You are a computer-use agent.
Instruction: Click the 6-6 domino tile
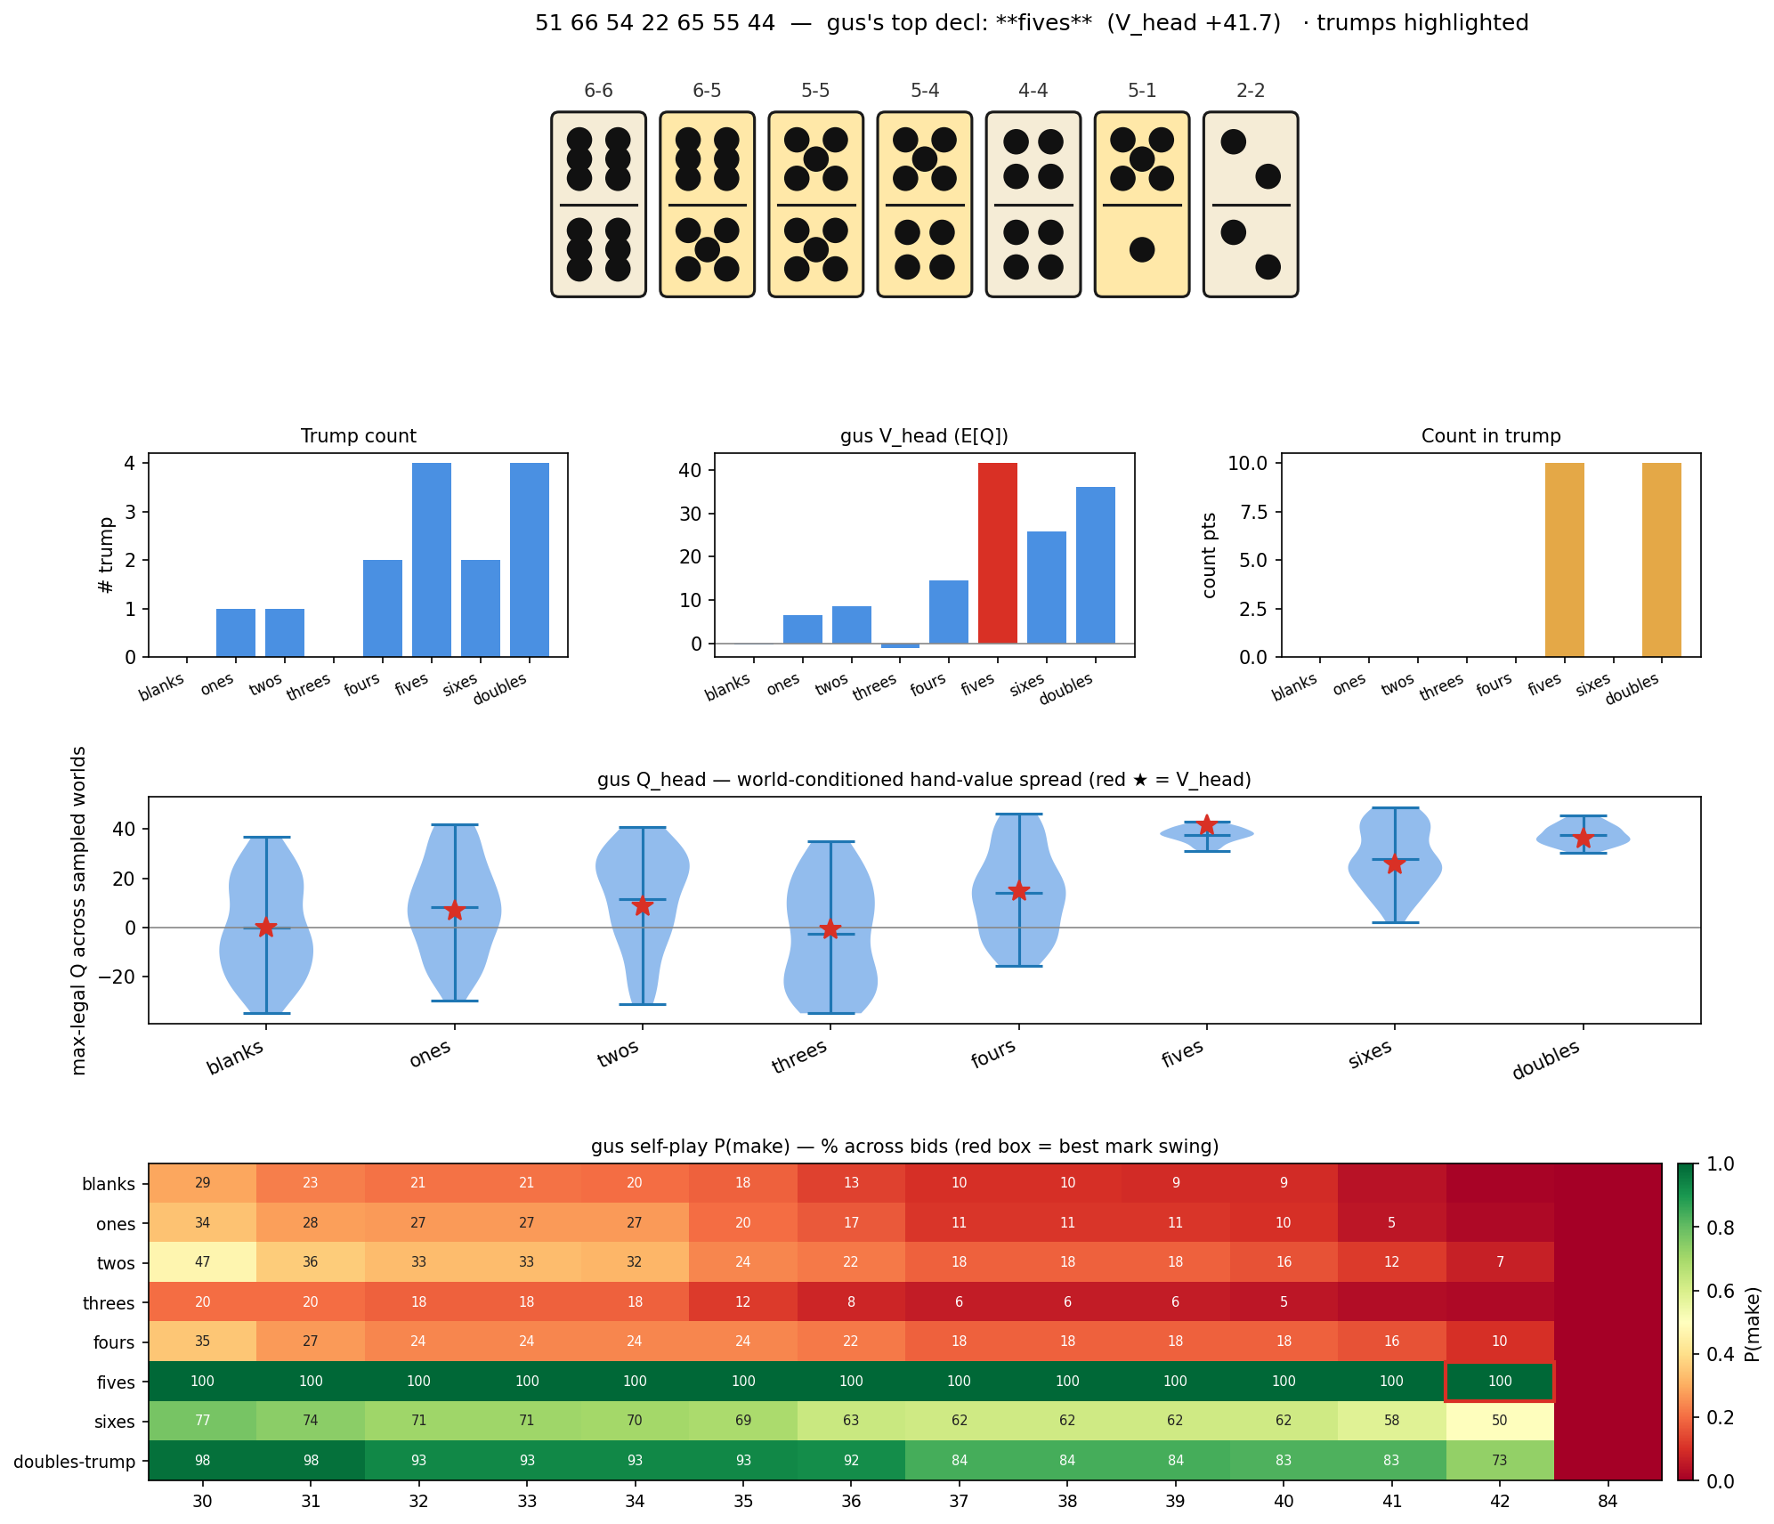(x=598, y=204)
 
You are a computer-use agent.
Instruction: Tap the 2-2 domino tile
(x=1250, y=204)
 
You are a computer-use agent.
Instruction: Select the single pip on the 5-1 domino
(x=1141, y=250)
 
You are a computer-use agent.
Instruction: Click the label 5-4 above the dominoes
(x=924, y=91)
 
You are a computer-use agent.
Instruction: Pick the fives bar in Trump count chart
(x=431, y=560)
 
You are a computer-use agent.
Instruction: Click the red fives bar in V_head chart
(x=997, y=553)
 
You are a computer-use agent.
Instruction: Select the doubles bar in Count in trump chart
(x=1661, y=560)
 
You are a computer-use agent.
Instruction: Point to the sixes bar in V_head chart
(x=1046, y=588)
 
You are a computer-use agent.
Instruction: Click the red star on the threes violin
(x=830, y=929)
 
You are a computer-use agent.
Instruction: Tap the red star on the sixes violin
(x=1395, y=864)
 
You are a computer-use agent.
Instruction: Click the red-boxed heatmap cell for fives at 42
(x=1499, y=1382)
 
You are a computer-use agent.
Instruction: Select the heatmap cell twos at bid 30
(x=203, y=1262)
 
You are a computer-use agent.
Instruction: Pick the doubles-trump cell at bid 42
(x=1499, y=1461)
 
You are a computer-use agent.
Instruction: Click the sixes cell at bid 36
(x=851, y=1421)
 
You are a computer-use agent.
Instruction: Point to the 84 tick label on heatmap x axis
(x=1608, y=1502)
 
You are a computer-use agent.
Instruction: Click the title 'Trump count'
(x=358, y=436)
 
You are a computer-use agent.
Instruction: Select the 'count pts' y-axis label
(x=1209, y=555)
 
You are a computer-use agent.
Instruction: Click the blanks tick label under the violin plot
(x=235, y=1058)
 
